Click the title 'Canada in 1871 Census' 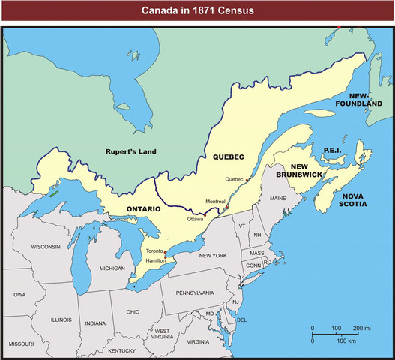point(197,11)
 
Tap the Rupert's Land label point(130,151)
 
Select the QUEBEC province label point(229,157)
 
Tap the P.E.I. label point(332,150)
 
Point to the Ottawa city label point(195,219)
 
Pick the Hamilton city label point(157,259)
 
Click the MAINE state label point(277,199)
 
